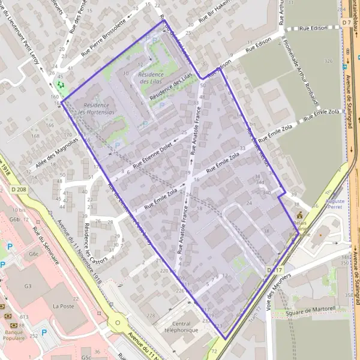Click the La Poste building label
[63, 306]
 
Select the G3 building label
[28, 286]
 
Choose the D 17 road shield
[274, 271]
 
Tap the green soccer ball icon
[59, 85]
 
